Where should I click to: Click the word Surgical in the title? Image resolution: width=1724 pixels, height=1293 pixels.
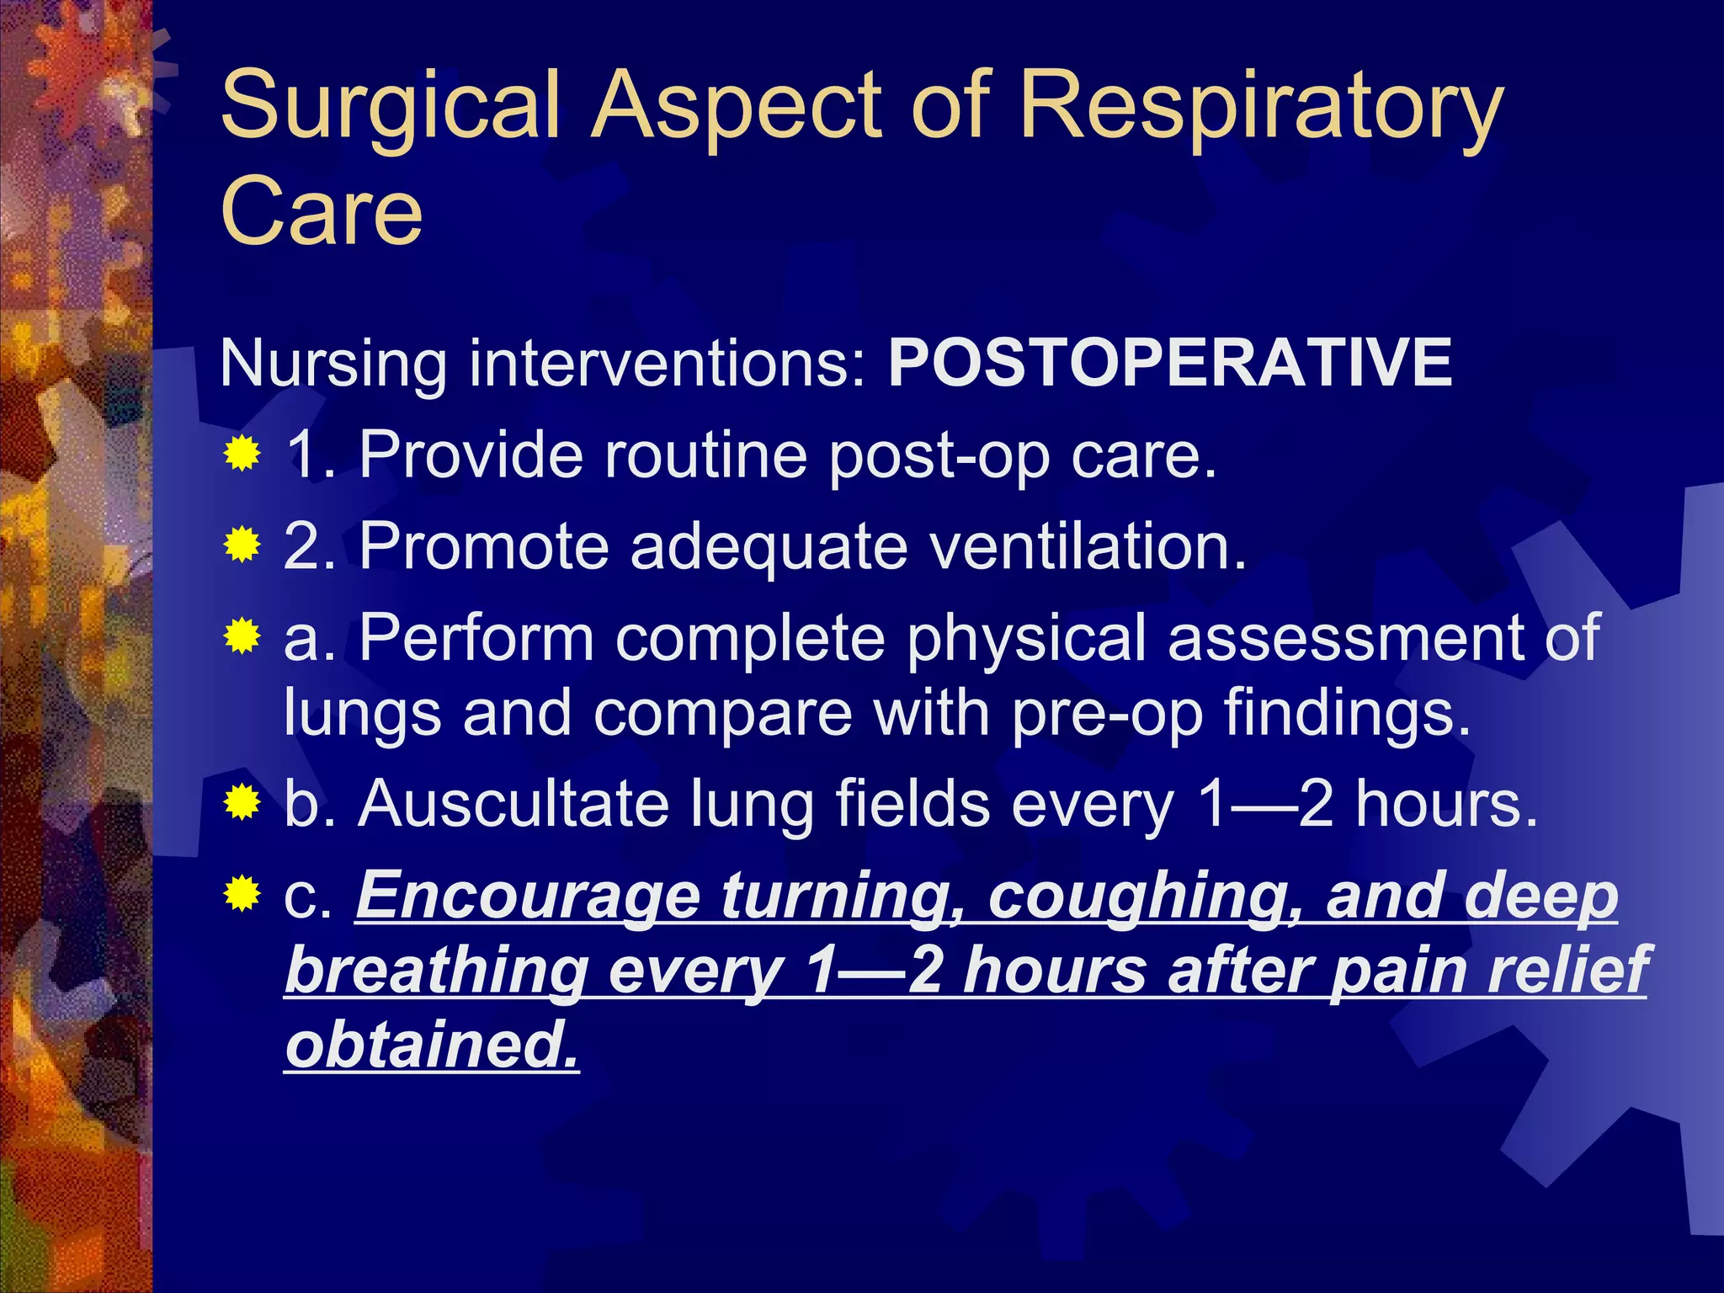pos(391,108)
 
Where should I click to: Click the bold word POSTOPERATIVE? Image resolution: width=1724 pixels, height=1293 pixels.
pos(1170,363)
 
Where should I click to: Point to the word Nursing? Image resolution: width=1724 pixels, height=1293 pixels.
pos(333,364)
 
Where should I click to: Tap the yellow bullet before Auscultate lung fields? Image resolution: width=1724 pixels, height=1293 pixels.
pos(242,804)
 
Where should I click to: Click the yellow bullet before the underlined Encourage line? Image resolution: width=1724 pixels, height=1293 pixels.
pos(242,894)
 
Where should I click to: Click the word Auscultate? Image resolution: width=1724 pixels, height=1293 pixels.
pos(513,804)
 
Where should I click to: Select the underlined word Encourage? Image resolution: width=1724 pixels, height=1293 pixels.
pos(528,897)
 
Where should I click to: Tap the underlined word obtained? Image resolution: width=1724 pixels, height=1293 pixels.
pos(432,1044)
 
